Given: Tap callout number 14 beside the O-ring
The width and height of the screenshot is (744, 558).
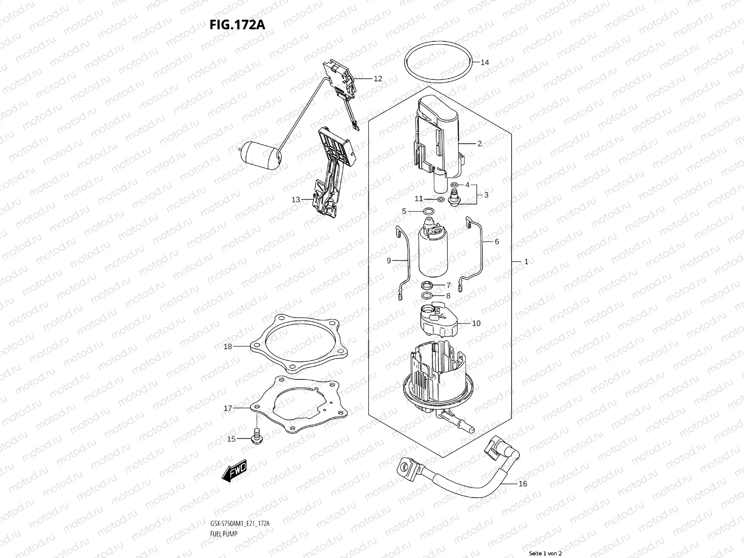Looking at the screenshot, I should click(485, 62).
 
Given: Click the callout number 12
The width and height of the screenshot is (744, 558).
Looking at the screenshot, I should click(378, 79).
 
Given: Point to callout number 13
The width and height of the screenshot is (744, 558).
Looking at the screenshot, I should click(296, 200).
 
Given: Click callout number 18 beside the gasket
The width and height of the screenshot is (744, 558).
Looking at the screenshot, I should click(227, 346).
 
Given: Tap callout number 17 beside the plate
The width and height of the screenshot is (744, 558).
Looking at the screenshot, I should click(228, 409).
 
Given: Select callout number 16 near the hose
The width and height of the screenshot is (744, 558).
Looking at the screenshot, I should click(522, 484).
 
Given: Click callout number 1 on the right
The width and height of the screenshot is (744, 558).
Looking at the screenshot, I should click(526, 262).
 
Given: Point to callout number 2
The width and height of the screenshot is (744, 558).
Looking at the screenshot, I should click(479, 144).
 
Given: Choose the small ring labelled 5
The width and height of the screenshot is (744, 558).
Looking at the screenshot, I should click(430, 213).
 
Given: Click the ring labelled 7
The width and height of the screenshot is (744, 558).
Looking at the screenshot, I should click(428, 285).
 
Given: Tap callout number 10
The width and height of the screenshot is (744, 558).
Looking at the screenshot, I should click(476, 323).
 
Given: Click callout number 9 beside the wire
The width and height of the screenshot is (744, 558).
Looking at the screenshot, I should click(389, 261).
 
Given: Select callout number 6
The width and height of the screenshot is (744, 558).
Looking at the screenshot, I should click(497, 242).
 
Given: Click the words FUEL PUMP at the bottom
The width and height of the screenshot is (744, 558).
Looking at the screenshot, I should click(221, 508).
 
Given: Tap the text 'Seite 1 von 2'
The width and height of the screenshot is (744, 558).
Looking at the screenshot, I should click(545, 554).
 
